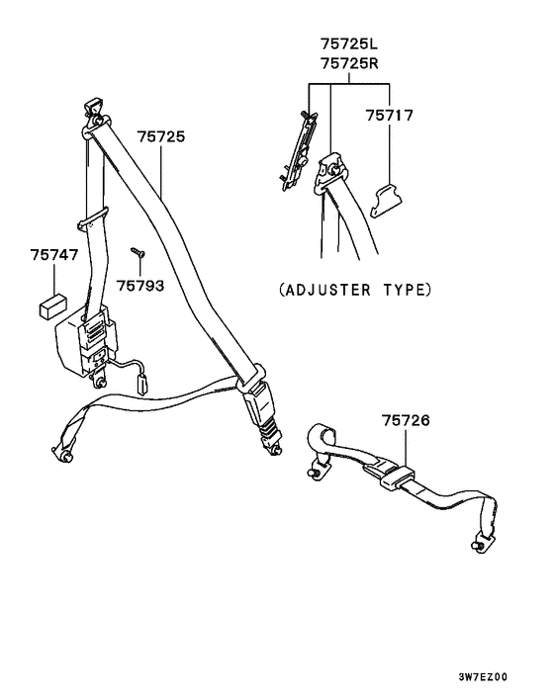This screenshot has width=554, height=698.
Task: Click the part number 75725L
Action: tap(348, 44)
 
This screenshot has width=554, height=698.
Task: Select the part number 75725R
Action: tap(349, 63)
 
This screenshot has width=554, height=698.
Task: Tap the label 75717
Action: tap(390, 116)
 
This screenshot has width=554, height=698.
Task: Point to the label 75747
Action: tap(53, 255)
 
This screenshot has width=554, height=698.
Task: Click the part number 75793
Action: tap(140, 286)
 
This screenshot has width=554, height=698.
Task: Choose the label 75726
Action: tap(406, 420)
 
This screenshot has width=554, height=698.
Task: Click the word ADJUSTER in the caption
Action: tap(327, 291)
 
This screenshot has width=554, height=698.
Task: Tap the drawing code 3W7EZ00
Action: tap(483, 677)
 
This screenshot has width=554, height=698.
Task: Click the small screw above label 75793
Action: tap(138, 252)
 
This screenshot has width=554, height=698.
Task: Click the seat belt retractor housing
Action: tap(85, 343)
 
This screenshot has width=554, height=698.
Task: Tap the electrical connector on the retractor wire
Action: tap(142, 384)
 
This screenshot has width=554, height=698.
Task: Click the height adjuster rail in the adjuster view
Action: tap(299, 151)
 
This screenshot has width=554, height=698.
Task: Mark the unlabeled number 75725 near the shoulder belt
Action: tap(161, 136)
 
